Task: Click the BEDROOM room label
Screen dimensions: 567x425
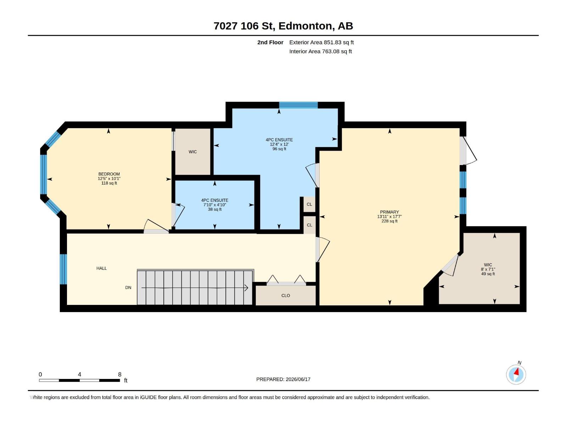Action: pos(109,174)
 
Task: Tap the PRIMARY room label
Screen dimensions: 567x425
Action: pos(389,212)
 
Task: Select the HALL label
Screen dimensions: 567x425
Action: pos(101,268)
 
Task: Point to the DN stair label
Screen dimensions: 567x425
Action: pos(128,288)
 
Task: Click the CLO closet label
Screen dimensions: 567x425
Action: pos(285,295)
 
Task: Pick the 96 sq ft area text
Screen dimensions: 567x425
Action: pos(279,149)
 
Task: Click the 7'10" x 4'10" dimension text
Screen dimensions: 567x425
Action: pos(215,205)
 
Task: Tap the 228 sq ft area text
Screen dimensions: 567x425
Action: pos(389,221)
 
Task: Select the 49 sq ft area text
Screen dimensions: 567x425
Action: pos(488,274)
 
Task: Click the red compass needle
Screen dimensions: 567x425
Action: pos(516,372)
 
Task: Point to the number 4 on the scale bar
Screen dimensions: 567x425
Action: pos(80,374)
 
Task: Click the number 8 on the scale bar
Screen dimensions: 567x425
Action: pos(119,374)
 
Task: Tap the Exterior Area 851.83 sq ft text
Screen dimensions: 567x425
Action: pos(321,42)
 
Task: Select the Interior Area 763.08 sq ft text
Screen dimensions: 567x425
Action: pos(320,51)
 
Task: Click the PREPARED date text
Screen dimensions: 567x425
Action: pos(283,379)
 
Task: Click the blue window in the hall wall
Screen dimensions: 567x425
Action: pos(63,269)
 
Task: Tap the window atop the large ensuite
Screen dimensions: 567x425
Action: pos(298,105)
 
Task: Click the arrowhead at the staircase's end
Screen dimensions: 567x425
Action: pos(246,288)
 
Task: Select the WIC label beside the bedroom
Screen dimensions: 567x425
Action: pos(192,152)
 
